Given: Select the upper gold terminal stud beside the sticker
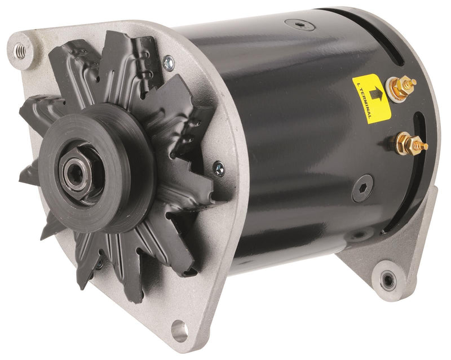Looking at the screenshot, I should [x=405, y=86].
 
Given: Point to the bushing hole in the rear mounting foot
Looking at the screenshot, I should [x=388, y=278].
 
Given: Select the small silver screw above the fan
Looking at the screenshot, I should [x=168, y=63].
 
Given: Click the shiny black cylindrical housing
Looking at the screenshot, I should [x=282, y=141].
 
